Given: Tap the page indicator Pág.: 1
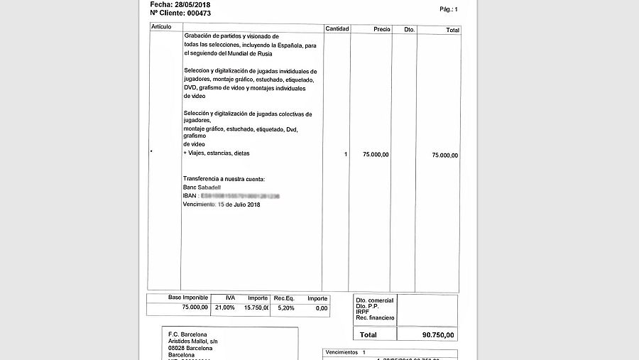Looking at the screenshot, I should (x=449, y=9).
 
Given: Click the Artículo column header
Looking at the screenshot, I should (x=162, y=27).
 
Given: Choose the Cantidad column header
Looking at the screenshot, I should (x=337, y=29).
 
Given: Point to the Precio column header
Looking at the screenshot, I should (x=382, y=29).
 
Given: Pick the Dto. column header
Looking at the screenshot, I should (x=409, y=30).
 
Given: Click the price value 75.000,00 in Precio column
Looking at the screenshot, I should (x=376, y=154).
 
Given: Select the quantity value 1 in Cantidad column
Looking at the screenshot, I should (x=346, y=154).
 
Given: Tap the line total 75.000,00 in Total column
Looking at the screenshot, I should (x=445, y=155).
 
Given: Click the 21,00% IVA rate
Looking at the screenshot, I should (x=224, y=307).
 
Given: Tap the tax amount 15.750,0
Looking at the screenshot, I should (x=256, y=307).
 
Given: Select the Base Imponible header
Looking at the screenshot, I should (x=188, y=298).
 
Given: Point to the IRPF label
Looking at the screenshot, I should (x=363, y=312).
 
